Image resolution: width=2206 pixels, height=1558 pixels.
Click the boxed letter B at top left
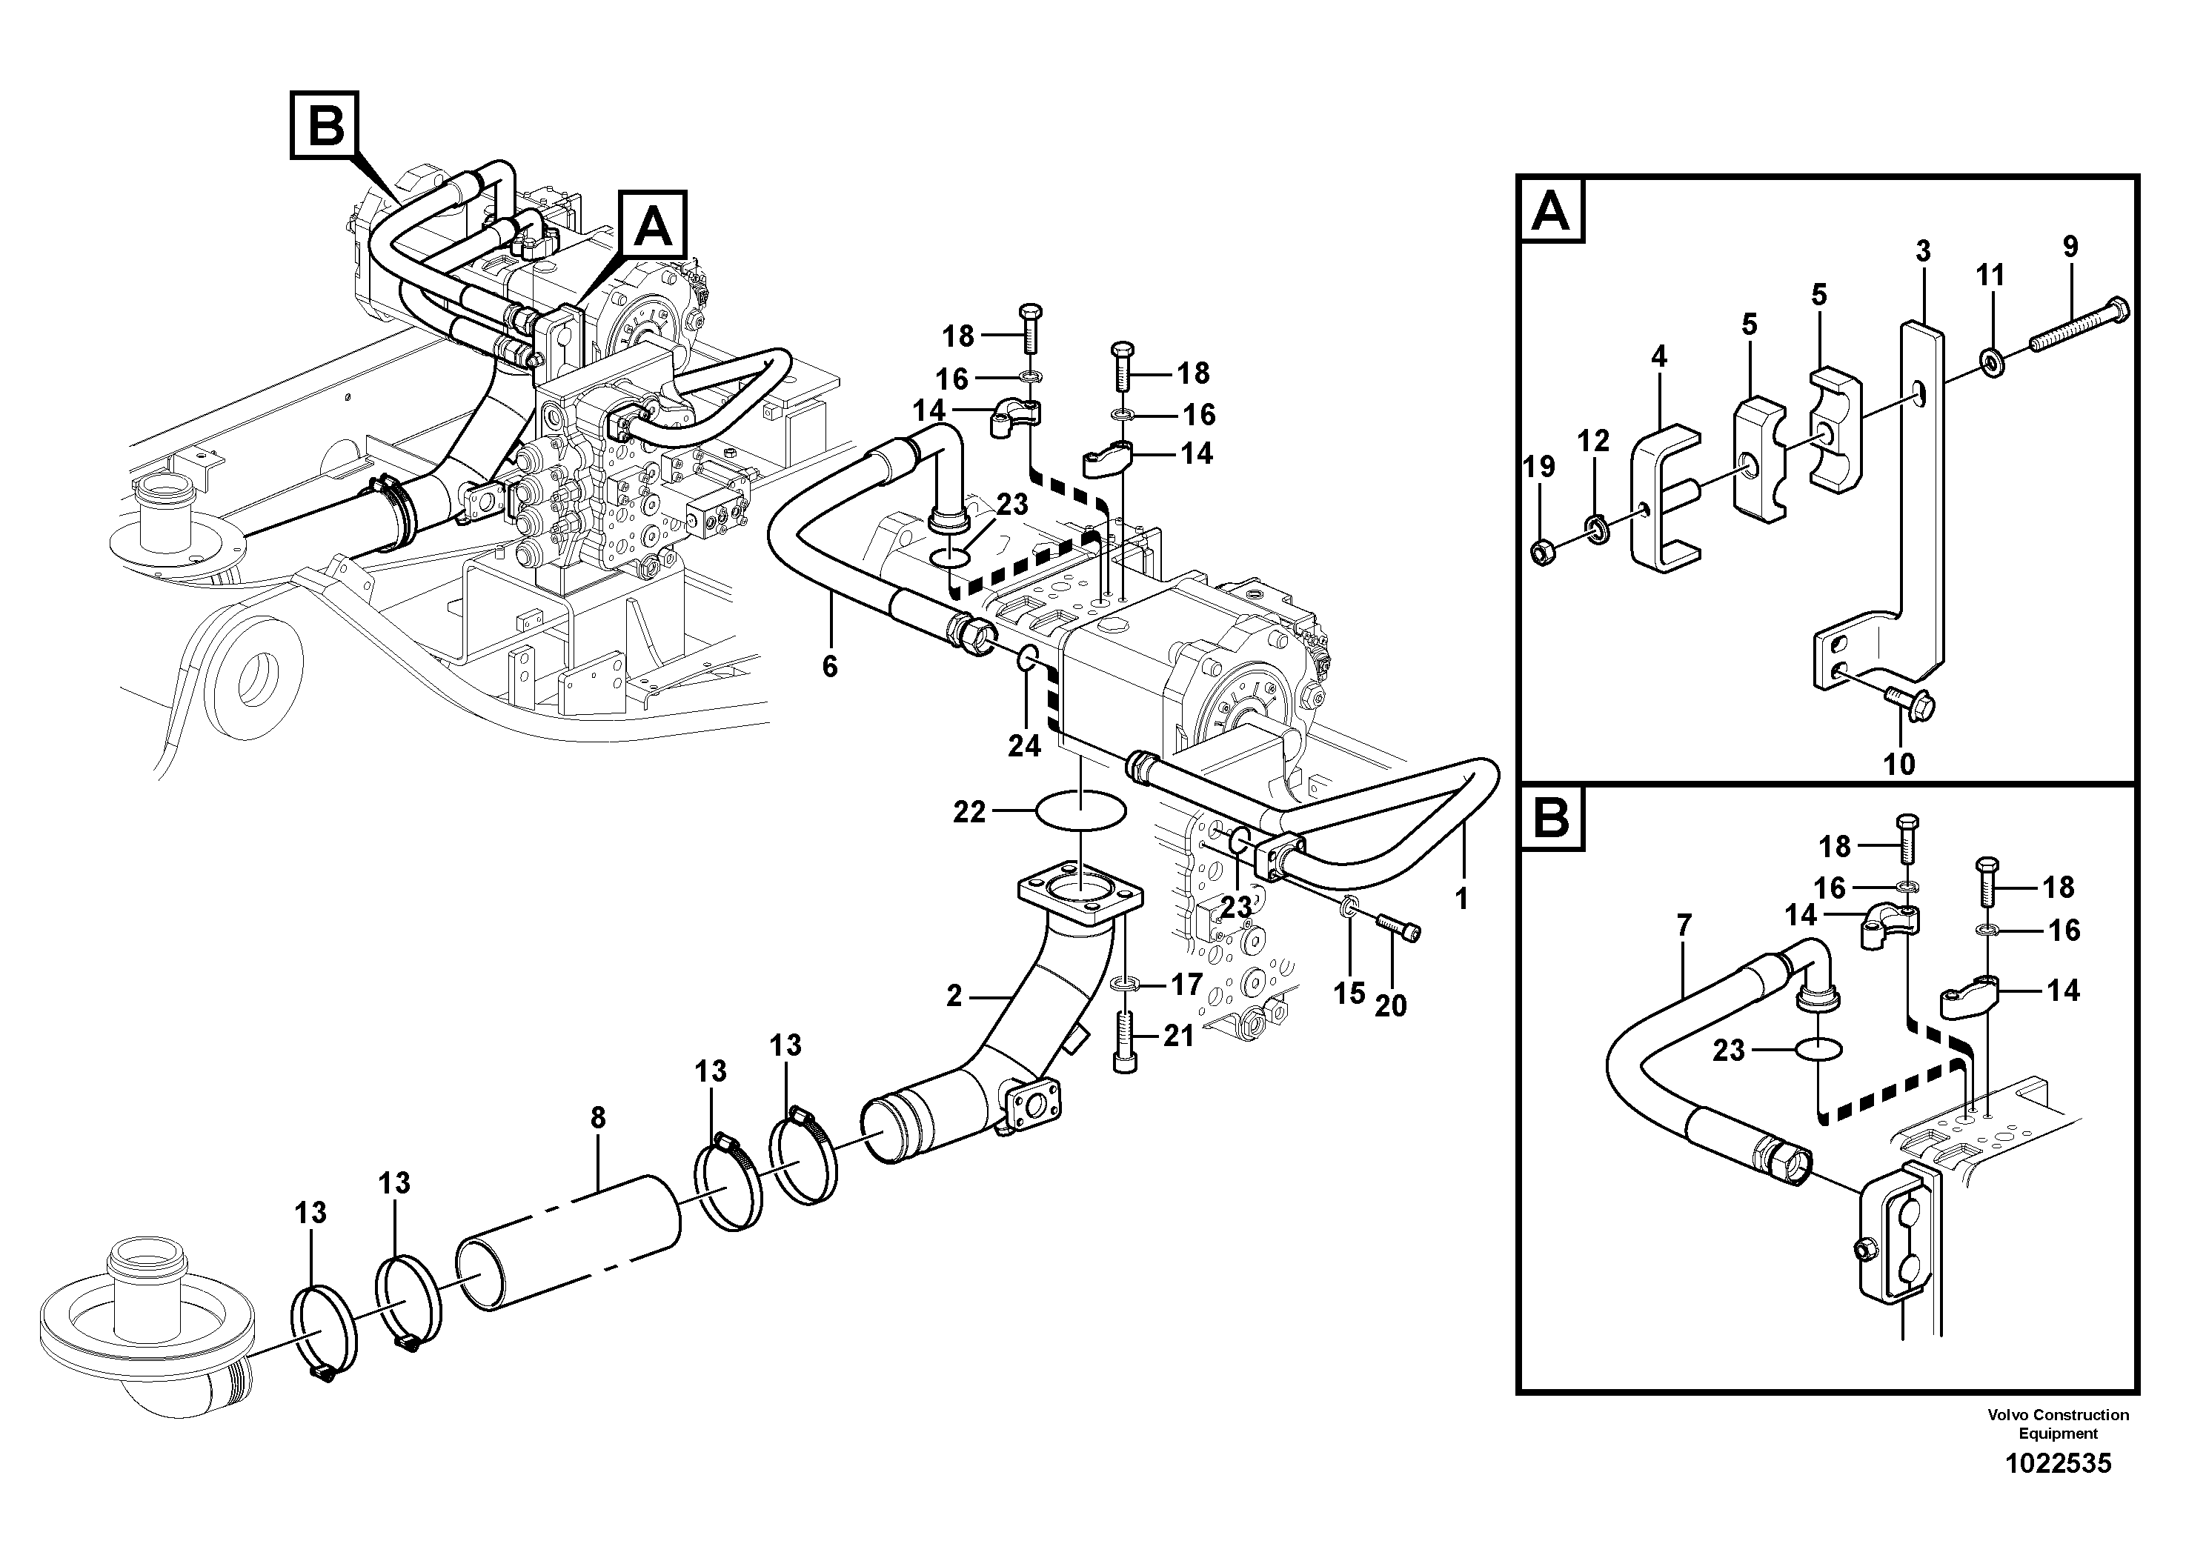coord(325,125)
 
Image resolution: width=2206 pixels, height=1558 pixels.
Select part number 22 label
coord(969,813)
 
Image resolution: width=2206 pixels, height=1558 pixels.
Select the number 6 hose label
coord(830,666)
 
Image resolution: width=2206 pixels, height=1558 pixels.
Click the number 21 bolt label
coord(1178,1036)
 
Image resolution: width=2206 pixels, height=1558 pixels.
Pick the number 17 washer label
coord(1186,984)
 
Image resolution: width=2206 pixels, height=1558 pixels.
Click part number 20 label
coord(1390,1005)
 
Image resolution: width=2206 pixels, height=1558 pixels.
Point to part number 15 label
coord(1349,993)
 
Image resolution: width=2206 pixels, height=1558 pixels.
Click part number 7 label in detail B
coord(1684,925)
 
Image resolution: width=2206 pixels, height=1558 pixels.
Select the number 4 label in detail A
coord(1658,356)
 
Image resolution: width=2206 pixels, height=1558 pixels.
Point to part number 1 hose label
coord(1461,899)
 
